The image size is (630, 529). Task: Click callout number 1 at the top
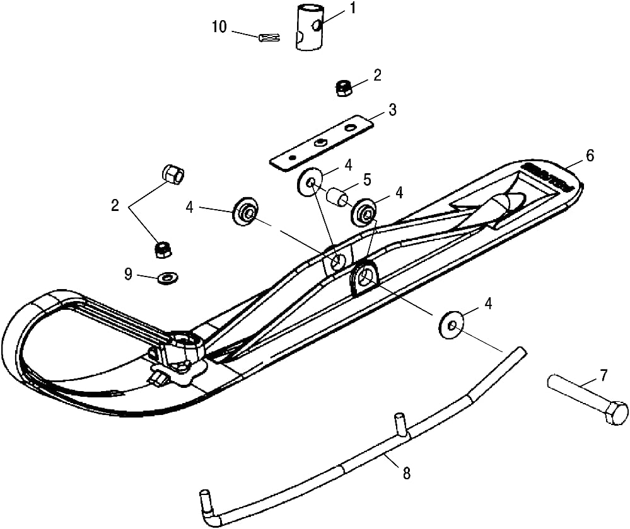[353, 8]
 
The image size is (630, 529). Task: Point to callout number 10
[219, 27]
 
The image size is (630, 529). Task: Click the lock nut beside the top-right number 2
[344, 88]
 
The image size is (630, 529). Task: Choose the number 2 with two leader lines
[115, 205]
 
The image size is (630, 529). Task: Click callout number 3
[392, 110]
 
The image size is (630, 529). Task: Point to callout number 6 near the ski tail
[590, 156]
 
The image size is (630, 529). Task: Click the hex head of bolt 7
[615, 414]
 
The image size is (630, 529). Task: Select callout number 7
[604, 376]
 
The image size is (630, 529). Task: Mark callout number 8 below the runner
[406, 474]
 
